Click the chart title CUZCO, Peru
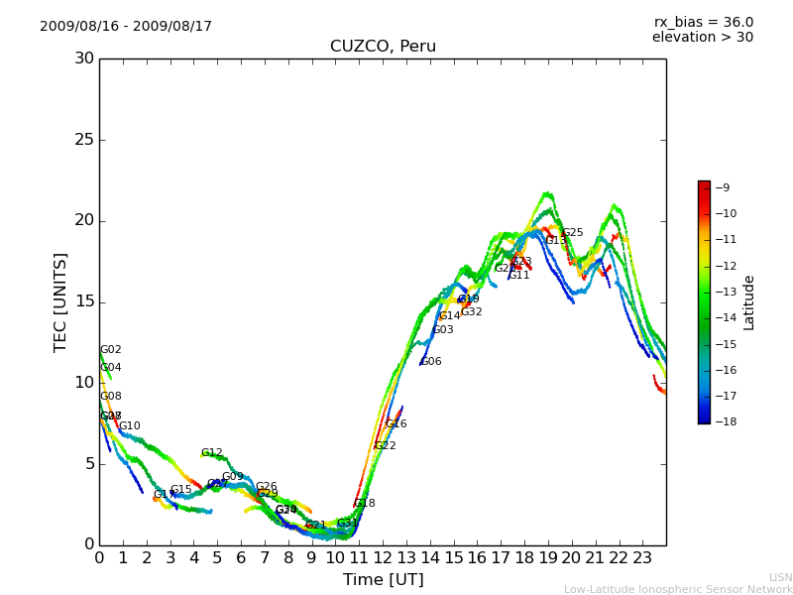click(x=383, y=47)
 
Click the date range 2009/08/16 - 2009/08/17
click(x=126, y=27)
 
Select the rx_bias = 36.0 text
click(x=704, y=22)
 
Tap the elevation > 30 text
click(x=703, y=38)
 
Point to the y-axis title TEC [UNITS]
click(x=60, y=301)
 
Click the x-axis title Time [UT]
click(x=383, y=580)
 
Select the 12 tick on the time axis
click(x=383, y=558)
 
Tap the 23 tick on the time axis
click(x=642, y=558)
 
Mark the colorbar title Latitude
click(x=749, y=301)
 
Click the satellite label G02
click(x=111, y=350)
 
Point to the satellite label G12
click(x=212, y=453)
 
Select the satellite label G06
click(x=431, y=362)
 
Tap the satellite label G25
click(x=573, y=233)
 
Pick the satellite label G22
click(x=386, y=446)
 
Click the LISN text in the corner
click(x=780, y=577)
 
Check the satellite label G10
click(x=130, y=426)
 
